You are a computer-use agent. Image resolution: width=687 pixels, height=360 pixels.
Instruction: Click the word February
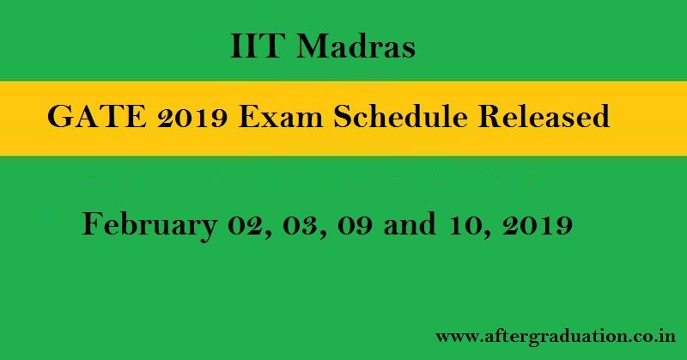148,226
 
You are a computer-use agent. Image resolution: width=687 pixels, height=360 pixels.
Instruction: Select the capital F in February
91,225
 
